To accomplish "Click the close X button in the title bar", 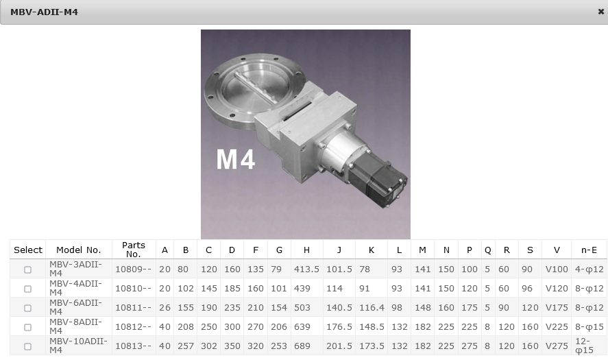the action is pos(600,12).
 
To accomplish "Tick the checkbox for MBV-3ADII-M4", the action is pos(27,269).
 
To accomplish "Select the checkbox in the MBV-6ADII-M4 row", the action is pos(27,308).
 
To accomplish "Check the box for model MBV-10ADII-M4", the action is pos(27,346).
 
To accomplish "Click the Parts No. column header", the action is pos(134,250).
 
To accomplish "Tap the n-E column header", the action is pos(589,250).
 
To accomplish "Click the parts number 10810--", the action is pos(133,288).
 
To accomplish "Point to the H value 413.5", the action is pos(306,269).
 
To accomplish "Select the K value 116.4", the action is pos(372,307).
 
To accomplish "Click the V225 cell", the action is pos(557,326).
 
